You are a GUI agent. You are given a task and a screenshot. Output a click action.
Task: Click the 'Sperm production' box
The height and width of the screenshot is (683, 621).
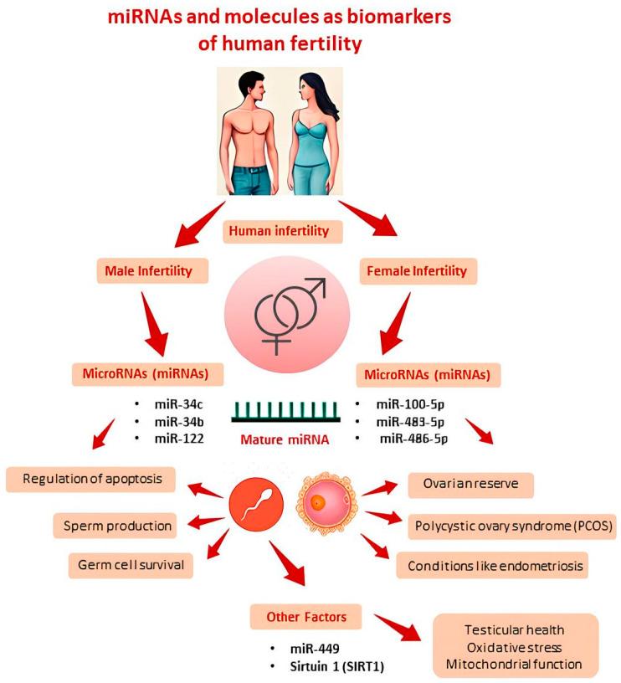click(x=117, y=526)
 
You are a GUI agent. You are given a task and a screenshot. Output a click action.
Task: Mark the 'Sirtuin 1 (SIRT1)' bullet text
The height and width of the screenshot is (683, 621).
click(x=320, y=667)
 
